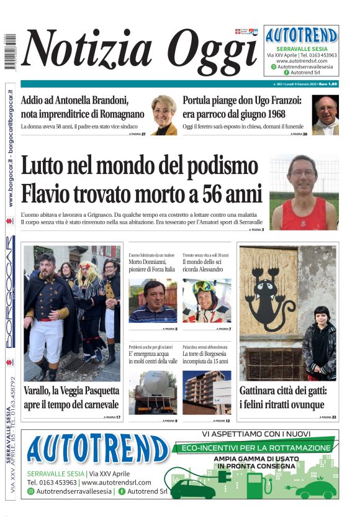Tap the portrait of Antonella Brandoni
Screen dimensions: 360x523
[164, 114]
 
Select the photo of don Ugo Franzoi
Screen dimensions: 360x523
[325, 115]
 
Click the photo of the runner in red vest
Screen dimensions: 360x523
[304, 192]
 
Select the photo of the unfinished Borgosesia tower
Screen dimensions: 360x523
[207, 392]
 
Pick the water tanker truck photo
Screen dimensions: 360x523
[153, 392]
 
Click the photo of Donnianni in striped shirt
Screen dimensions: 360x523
[153, 300]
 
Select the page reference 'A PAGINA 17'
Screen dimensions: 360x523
[111, 417]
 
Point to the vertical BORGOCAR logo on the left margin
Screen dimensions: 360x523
[10, 292]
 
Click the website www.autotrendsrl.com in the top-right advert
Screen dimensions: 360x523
[302, 61]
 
